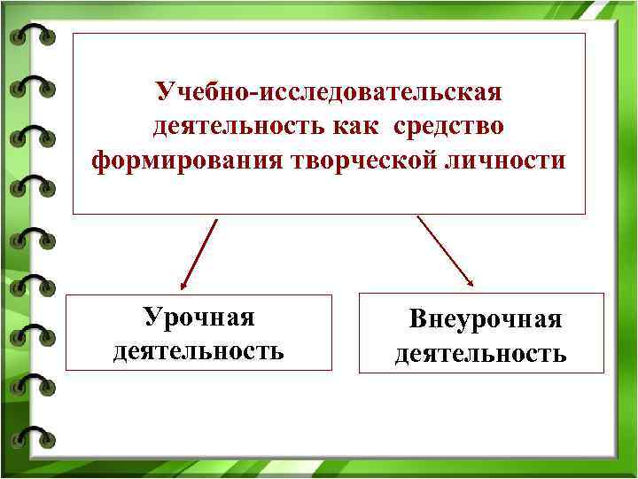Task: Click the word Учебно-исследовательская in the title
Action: [x=329, y=91]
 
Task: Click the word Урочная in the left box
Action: [x=198, y=317]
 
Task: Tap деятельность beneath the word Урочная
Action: [x=198, y=351]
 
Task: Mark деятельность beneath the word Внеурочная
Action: [x=481, y=355]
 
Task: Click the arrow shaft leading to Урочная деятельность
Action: [x=200, y=252]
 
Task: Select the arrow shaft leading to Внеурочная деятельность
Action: [x=443, y=248]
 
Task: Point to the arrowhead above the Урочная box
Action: [x=183, y=287]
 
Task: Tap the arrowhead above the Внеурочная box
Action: [x=471, y=281]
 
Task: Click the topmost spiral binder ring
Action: [x=32, y=37]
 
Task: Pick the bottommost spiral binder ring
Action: [x=32, y=436]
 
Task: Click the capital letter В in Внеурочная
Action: [x=416, y=319]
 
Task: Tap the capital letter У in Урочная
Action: [x=152, y=317]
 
